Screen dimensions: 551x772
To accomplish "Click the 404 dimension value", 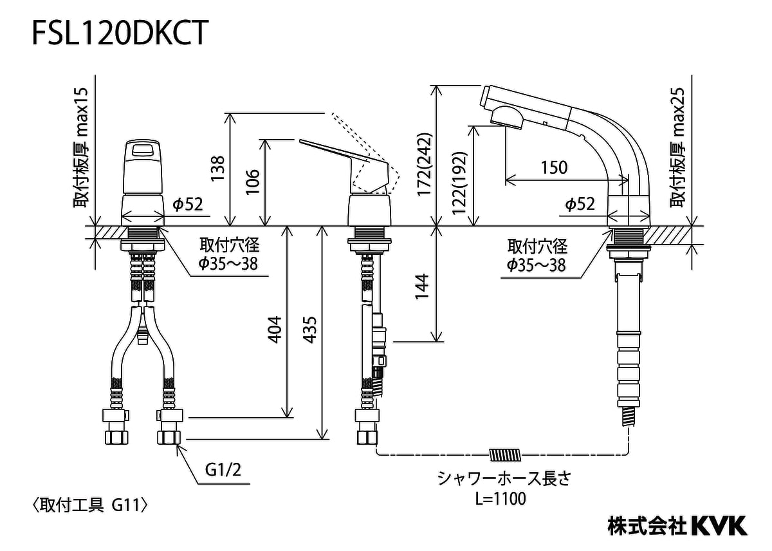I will pos(275,329).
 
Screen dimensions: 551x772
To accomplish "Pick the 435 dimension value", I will pos(309,329).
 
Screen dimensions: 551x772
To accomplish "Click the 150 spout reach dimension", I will pos(554,167).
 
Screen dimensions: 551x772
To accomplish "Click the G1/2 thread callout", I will pos(223,471).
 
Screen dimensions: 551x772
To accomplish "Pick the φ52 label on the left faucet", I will pos(188,204).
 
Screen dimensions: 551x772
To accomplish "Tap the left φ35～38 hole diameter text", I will pos(228,263).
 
